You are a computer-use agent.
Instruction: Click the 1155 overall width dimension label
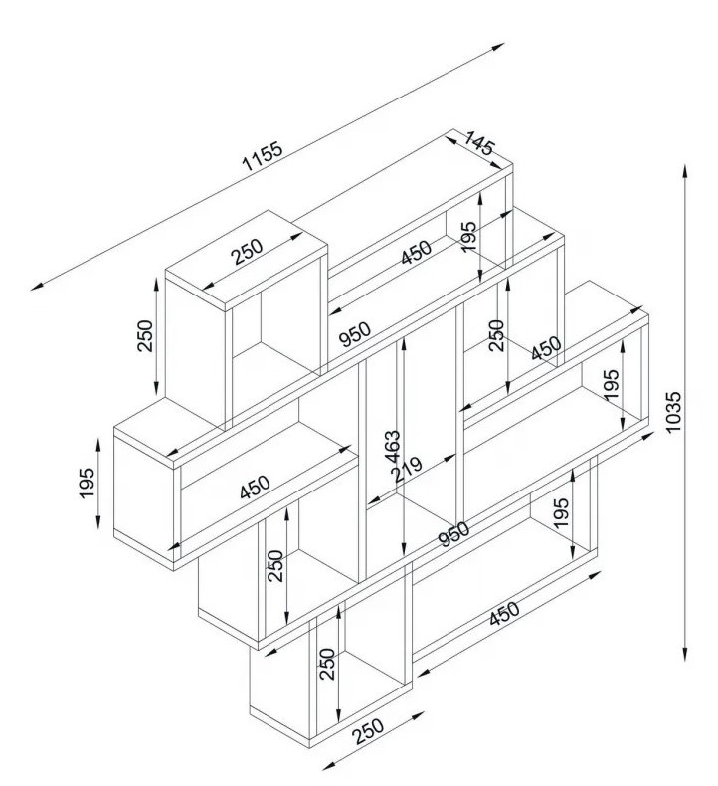click(263, 158)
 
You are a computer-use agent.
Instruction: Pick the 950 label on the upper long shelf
click(354, 330)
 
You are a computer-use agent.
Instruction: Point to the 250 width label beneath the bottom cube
click(368, 731)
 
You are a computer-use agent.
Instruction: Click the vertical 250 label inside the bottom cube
click(328, 665)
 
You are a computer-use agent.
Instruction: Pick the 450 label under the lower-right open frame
click(507, 617)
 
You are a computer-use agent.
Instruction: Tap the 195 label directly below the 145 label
click(468, 237)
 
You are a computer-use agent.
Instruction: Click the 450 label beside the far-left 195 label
click(255, 488)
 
